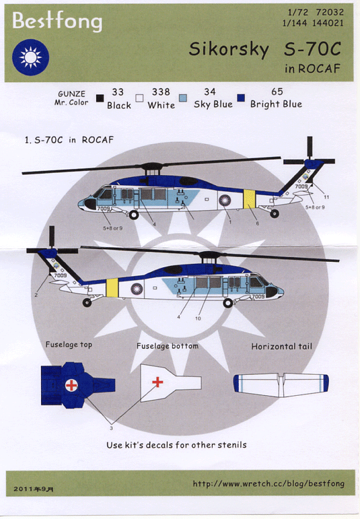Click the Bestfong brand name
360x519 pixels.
click(x=57, y=21)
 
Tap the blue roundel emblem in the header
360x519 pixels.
click(x=30, y=57)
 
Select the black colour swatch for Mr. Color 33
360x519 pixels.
click(x=100, y=98)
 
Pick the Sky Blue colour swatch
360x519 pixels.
click(x=182, y=98)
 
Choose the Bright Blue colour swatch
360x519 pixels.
click(x=241, y=98)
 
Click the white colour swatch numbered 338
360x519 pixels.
click(x=140, y=98)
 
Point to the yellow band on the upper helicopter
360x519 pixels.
click(x=250, y=199)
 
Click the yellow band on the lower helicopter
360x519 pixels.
click(x=112, y=288)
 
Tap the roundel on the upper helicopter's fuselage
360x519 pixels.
click(x=225, y=201)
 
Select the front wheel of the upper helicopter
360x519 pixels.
click(x=134, y=215)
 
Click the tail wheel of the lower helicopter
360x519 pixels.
click(x=87, y=302)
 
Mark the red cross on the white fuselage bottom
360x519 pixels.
click(x=157, y=382)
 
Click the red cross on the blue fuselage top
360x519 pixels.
click(x=71, y=385)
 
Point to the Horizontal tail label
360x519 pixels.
click(x=281, y=347)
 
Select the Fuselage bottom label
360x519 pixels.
click(x=168, y=346)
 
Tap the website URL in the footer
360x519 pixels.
click(x=268, y=484)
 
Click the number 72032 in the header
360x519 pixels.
click(x=330, y=12)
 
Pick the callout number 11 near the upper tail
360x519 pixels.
click(x=326, y=197)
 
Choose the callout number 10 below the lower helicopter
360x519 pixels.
click(x=198, y=318)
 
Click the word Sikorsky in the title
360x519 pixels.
click(x=229, y=50)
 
